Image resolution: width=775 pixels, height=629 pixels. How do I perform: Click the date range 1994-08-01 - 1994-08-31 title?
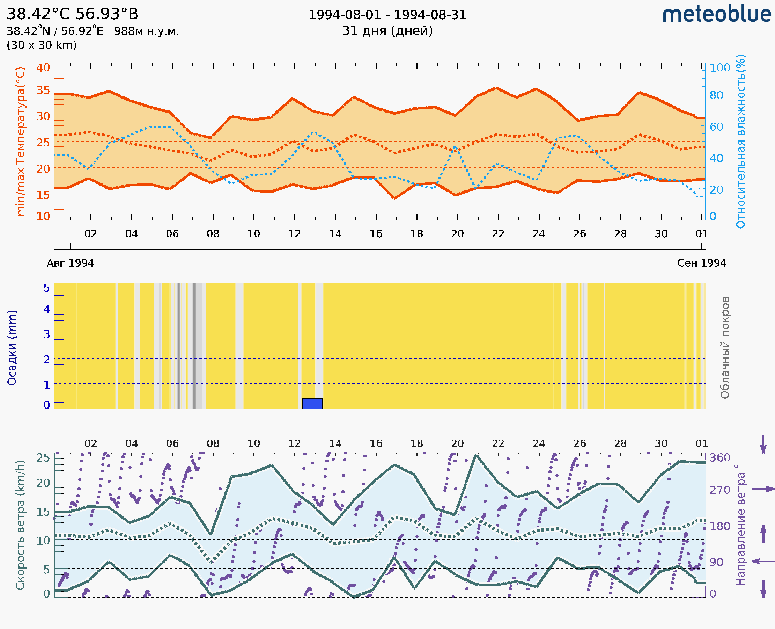tap(387, 15)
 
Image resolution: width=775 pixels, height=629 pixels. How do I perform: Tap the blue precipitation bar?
tap(312, 404)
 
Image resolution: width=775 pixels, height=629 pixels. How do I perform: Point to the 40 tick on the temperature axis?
tap(43, 68)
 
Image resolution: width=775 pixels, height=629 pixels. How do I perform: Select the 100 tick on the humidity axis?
tap(719, 68)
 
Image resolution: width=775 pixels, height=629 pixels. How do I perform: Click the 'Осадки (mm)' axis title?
tap(12, 348)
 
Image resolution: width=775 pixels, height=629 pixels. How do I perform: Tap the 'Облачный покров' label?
tap(725, 348)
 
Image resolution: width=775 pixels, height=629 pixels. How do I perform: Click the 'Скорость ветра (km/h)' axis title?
tap(20, 525)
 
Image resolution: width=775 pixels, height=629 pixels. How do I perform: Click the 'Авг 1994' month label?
tap(70, 263)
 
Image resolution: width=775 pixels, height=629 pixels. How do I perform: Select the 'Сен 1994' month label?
tap(702, 263)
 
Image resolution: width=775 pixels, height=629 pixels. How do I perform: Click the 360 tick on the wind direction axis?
tap(719, 458)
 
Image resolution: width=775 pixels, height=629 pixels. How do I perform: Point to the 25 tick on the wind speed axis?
tap(43, 458)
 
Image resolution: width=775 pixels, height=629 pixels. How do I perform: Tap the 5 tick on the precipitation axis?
tap(47, 288)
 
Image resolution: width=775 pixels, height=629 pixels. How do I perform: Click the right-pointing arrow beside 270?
tap(763, 489)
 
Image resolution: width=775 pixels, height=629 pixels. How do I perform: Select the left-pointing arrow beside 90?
tap(763, 562)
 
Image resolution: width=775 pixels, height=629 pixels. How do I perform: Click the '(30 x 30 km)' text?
tap(42, 45)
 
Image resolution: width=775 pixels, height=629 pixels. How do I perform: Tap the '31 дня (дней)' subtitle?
tap(387, 31)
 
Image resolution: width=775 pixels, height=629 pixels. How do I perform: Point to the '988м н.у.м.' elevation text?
tap(147, 31)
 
